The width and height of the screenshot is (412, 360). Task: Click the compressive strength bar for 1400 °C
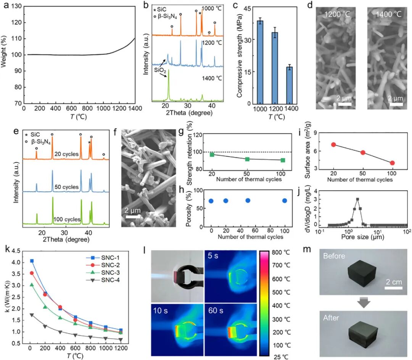[x=290, y=85]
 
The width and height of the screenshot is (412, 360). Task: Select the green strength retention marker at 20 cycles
[x=212, y=155]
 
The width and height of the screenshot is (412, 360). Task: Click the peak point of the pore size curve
[x=357, y=199]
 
